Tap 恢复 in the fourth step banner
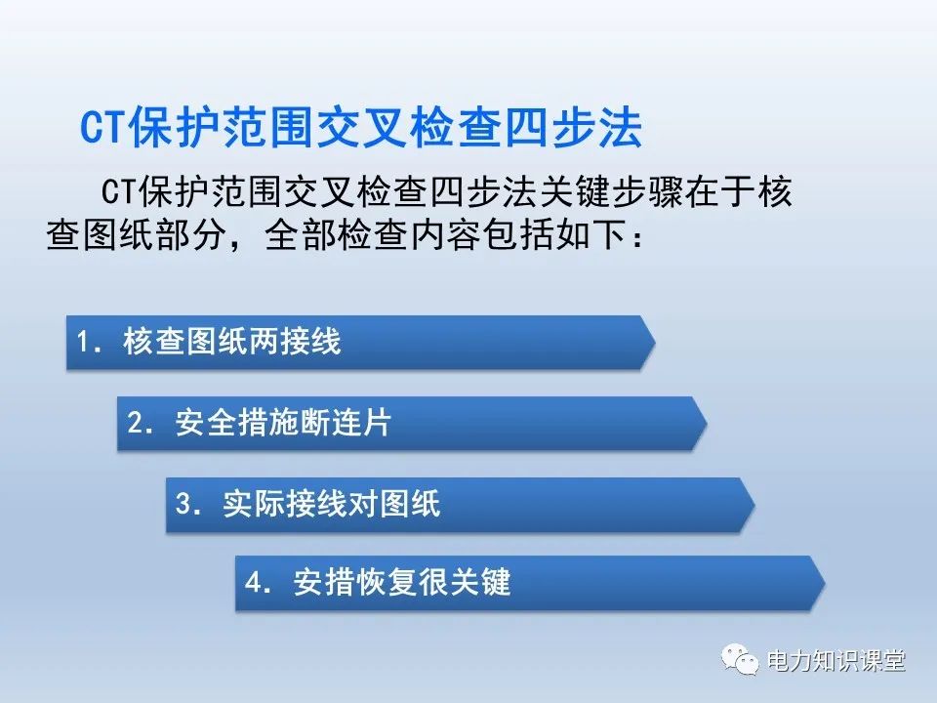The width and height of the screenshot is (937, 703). coord(387,584)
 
